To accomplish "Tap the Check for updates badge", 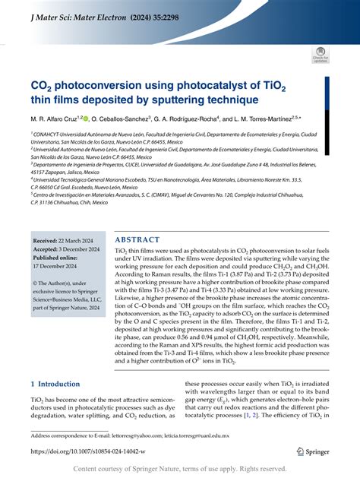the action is pos(319,55).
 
